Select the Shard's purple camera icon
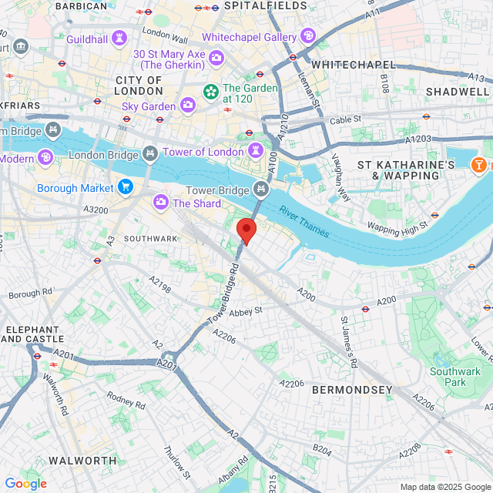pos(161,203)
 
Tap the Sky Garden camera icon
pos(187,105)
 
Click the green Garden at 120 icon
pos(210,92)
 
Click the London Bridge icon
pos(150,155)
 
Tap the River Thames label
pos(304,221)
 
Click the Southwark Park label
pos(454,377)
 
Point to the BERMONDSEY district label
pos(352,391)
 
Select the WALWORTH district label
pos(82,461)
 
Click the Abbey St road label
pos(246,310)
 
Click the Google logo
pos(25,484)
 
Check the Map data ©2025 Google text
pos(445,486)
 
